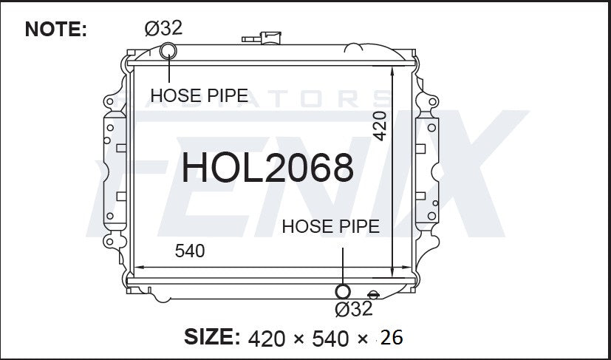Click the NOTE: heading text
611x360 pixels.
(55, 30)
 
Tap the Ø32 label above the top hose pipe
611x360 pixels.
(163, 28)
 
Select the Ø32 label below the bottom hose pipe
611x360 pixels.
(353, 309)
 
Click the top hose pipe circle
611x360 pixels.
(168, 51)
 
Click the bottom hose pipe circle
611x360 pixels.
(343, 291)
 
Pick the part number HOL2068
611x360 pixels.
(267, 168)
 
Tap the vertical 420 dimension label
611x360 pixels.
(380, 126)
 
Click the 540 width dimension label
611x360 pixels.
(190, 251)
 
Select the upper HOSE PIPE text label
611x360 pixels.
(199, 95)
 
